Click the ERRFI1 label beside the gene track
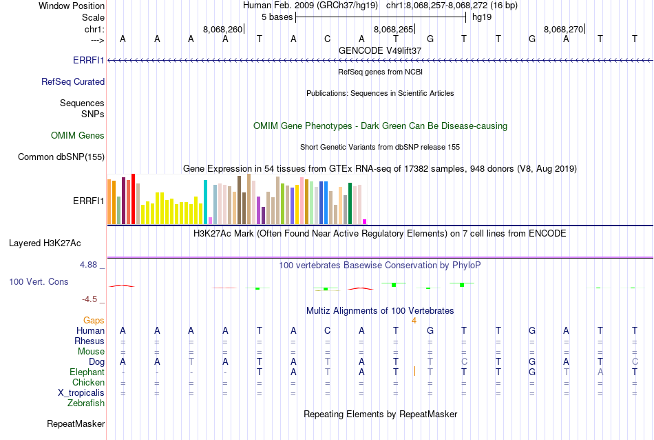(89, 60)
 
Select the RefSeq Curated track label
(73, 81)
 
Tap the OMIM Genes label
(78, 136)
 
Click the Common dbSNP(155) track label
(61, 157)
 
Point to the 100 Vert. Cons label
(39, 281)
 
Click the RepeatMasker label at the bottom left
(76, 423)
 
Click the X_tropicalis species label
(81, 392)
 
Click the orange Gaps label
(94, 320)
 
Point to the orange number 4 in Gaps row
(414, 320)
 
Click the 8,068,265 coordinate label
(393, 29)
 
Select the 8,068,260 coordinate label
(222, 29)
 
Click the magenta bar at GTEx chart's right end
(364, 221)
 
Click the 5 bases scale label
(277, 17)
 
